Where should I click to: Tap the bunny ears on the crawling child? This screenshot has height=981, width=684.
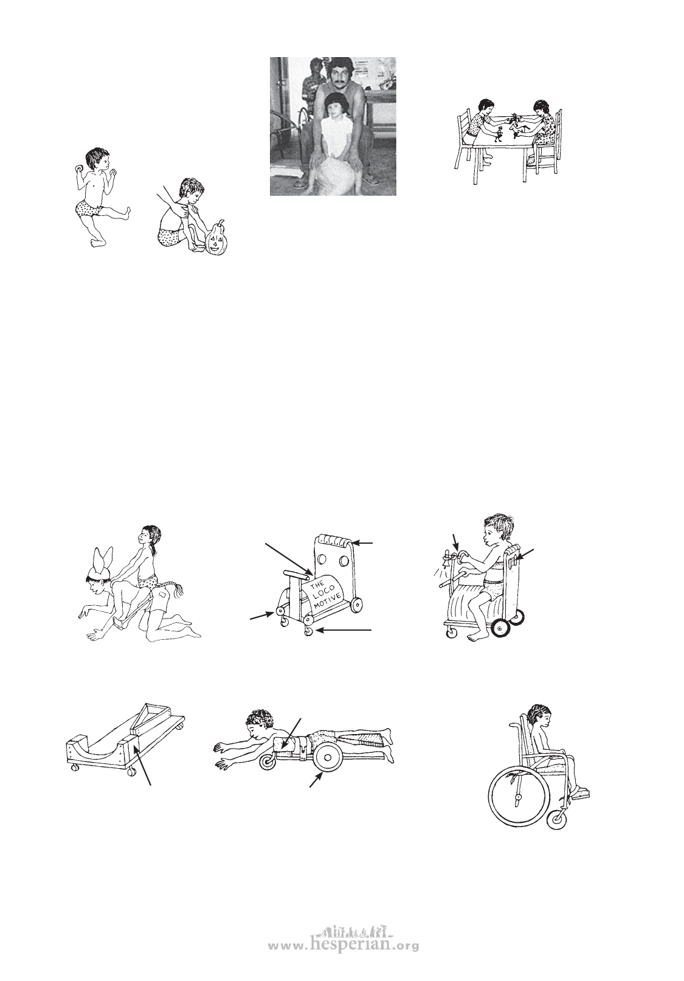click(x=101, y=558)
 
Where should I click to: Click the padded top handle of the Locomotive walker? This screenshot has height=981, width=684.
click(x=334, y=539)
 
